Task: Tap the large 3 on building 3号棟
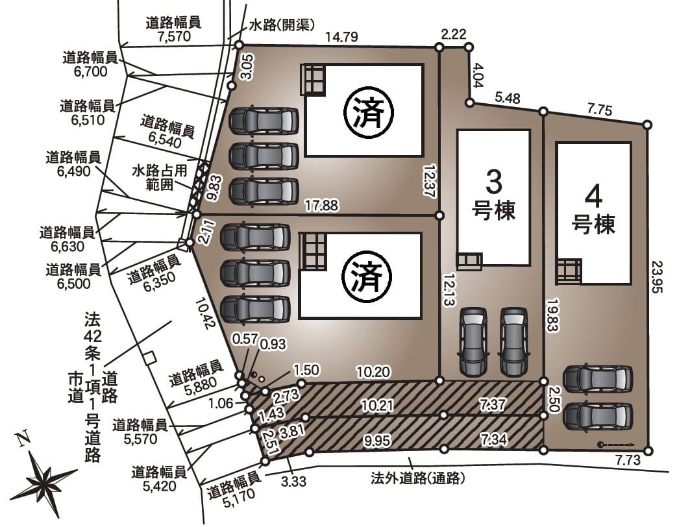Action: [493, 182]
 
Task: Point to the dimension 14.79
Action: [341, 37]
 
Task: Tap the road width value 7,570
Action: [174, 36]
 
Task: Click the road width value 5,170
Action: [239, 498]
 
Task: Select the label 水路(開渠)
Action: [282, 25]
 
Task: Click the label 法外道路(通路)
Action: [418, 478]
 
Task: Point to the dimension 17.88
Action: [322, 205]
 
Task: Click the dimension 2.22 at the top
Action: [453, 34]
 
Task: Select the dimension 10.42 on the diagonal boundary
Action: [205, 313]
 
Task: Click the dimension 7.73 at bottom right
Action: [628, 461]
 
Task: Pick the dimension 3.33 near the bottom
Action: [293, 481]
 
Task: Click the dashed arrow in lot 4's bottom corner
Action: [615, 445]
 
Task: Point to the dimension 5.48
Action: [508, 97]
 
